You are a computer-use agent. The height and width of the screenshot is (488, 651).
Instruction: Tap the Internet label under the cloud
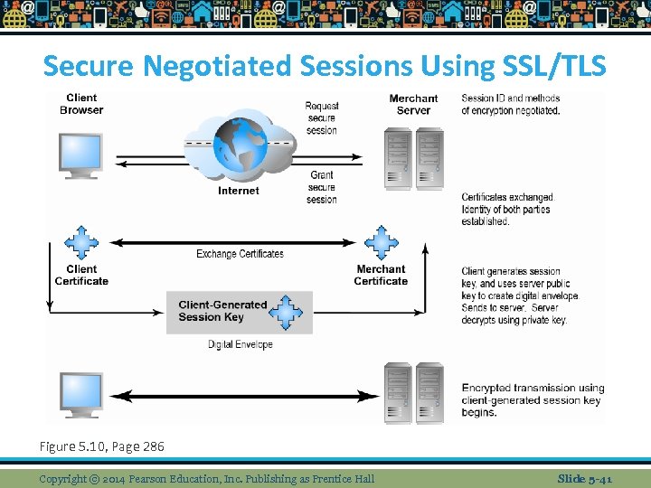(239, 191)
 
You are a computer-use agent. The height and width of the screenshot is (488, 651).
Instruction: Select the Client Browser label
(81, 104)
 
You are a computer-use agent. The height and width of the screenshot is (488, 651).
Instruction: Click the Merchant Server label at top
(413, 104)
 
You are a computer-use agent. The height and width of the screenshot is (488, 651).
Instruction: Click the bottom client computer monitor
(81, 392)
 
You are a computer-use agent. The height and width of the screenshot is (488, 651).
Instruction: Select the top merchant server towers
(413, 158)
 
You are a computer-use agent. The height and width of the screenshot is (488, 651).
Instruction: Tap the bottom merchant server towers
(413, 393)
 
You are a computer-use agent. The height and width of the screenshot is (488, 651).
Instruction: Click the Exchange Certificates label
(240, 254)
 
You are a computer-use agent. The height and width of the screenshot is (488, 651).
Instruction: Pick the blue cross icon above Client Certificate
(81, 242)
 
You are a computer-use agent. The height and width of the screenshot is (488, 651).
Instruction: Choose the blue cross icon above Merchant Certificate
(381, 242)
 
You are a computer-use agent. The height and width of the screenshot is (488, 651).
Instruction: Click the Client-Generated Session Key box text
(222, 311)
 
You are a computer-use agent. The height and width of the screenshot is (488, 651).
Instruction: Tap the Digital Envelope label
(240, 344)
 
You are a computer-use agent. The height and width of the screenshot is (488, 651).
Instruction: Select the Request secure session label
(321, 118)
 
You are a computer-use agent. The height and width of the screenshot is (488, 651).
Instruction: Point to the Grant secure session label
(321, 187)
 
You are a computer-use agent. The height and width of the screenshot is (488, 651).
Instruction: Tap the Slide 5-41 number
(584, 478)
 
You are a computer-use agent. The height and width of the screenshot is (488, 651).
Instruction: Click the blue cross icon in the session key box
(288, 312)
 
